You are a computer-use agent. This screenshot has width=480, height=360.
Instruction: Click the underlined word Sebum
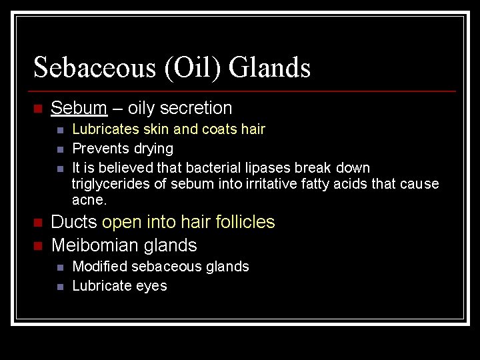(x=79, y=108)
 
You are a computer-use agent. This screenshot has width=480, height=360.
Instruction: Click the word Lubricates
(x=104, y=129)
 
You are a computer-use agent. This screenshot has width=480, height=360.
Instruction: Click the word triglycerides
(x=112, y=184)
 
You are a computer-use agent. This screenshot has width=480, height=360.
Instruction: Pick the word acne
(x=89, y=200)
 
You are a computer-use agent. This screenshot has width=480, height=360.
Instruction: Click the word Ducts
(x=74, y=222)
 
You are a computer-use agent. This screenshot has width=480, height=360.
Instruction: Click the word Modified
(x=99, y=267)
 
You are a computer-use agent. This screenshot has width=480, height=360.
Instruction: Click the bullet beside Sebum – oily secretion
(x=38, y=109)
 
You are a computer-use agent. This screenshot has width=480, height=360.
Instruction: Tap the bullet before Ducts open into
(x=38, y=223)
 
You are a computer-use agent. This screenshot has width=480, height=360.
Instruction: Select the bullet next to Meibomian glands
(x=38, y=246)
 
